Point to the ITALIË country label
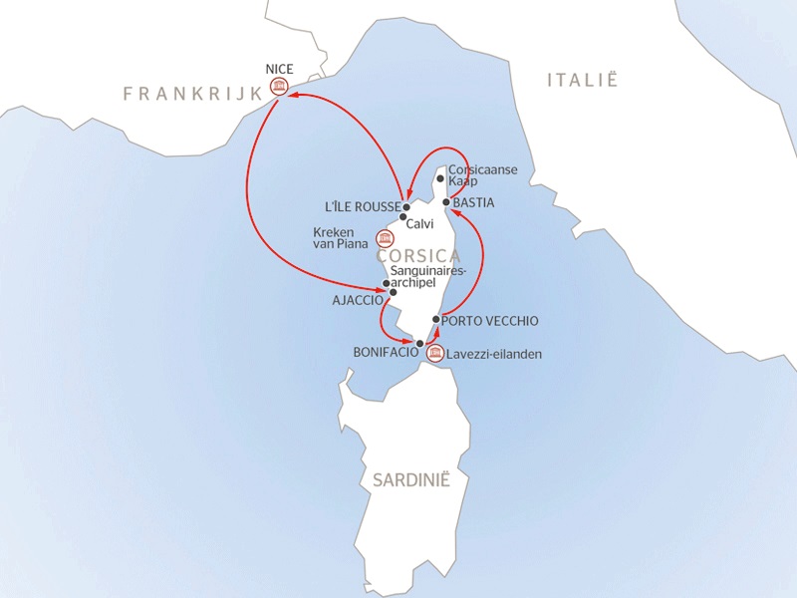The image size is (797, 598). click(583, 81)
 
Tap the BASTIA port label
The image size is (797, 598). click(473, 202)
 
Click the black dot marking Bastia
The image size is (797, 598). click(445, 202)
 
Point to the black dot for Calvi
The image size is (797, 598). click(403, 217)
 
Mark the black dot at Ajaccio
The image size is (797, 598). click(393, 292)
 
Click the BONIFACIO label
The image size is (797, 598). click(384, 352)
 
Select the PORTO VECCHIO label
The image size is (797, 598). click(491, 321)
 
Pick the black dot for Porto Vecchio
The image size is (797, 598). click(436, 319)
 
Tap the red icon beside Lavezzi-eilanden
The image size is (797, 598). click(433, 353)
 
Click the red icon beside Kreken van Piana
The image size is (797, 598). click(384, 238)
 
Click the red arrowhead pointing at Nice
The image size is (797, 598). click(294, 96)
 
